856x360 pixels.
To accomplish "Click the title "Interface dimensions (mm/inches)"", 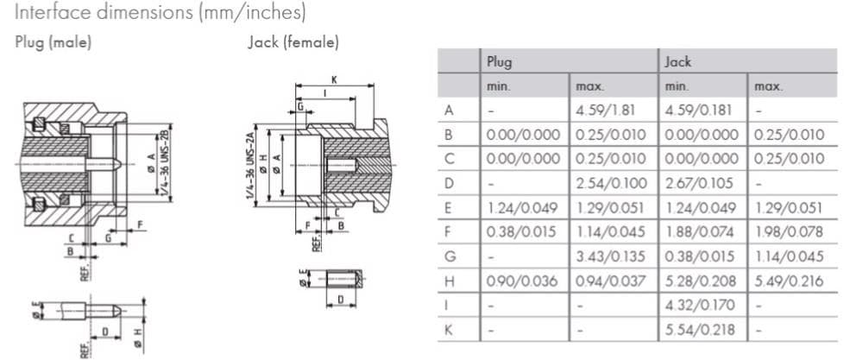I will [x=160, y=14].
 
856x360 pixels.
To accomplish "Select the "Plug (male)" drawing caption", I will [x=53, y=42].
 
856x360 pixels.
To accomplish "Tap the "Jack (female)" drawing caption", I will [x=293, y=42].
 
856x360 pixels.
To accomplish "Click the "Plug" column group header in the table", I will [x=500, y=62].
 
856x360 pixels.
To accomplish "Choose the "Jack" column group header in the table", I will [x=678, y=62].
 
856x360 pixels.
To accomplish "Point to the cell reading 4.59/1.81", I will [x=609, y=111].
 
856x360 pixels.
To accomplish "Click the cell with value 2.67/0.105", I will [x=700, y=183].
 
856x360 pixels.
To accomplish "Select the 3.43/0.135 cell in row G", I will [x=609, y=256].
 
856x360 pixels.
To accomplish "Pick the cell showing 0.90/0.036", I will [x=523, y=281].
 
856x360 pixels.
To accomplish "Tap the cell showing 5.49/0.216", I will [x=789, y=281].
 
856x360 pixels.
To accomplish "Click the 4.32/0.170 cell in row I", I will [x=700, y=305].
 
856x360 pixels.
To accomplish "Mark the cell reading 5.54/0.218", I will [x=700, y=330].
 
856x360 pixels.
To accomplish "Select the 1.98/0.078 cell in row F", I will [x=789, y=231].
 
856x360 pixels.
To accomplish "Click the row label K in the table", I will [x=448, y=330].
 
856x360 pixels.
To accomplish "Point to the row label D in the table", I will [x=448, y=183].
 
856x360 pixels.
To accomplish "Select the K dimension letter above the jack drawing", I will [x=334, y=79].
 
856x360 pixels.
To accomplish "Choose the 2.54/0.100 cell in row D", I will [x=609, y=183].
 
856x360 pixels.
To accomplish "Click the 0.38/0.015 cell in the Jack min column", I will [x=700, y=256].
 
